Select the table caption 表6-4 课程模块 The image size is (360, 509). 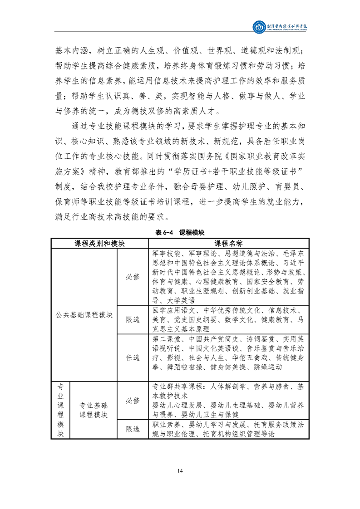pos(180,232)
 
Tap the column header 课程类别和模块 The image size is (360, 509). pos(100,243)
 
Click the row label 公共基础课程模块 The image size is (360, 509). pos(84,314)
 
